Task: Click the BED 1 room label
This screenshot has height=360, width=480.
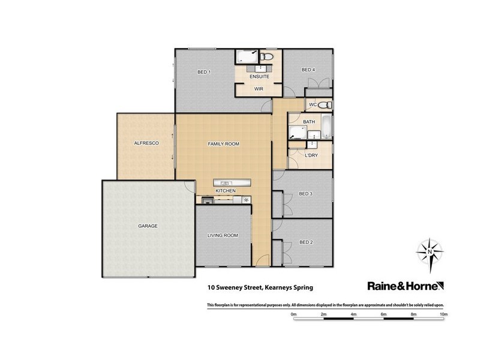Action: point(204,73)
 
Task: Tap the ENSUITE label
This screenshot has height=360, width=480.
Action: point(259,77)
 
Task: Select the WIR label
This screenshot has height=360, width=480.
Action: point(259,89)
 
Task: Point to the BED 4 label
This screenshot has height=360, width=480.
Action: point(308,70)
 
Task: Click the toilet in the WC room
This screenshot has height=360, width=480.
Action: point(323,105)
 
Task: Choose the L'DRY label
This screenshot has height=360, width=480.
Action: point(311,155)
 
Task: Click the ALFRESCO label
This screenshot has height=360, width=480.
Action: point(145,144)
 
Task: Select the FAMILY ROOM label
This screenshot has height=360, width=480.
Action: point(223,144)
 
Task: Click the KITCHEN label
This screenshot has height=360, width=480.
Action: point(226,191)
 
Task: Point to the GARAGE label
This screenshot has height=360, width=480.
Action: point(148,226)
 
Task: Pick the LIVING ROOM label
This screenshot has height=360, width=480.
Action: point(223,236)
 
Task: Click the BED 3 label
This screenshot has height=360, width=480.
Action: point(306,194)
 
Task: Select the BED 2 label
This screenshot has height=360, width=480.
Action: point(306,242)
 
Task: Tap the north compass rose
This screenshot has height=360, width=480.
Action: point(429,252)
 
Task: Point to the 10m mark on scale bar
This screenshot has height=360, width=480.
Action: point(443,314)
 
